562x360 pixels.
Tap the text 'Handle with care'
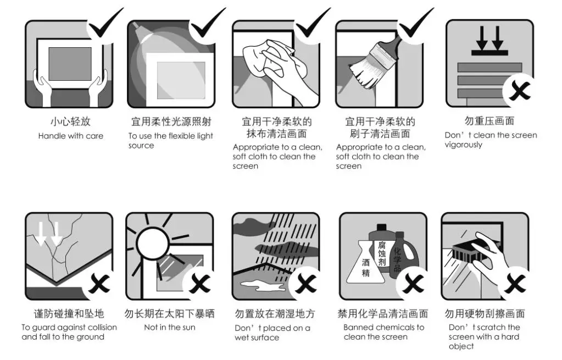coord(71,136)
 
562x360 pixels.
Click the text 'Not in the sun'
coord(170,328)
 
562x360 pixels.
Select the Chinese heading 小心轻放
coord(71,121)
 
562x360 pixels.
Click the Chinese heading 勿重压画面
coord(489,120)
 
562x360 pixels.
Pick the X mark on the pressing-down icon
coord(519,91)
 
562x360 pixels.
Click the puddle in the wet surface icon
coord(264,286)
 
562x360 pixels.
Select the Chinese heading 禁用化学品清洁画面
coord(383,314)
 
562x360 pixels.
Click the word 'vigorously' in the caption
coord(464,145)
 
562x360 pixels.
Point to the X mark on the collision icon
coord(99,283)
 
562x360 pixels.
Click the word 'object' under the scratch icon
coord(461,346)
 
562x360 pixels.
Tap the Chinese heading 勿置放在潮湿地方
coord(275,314)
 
